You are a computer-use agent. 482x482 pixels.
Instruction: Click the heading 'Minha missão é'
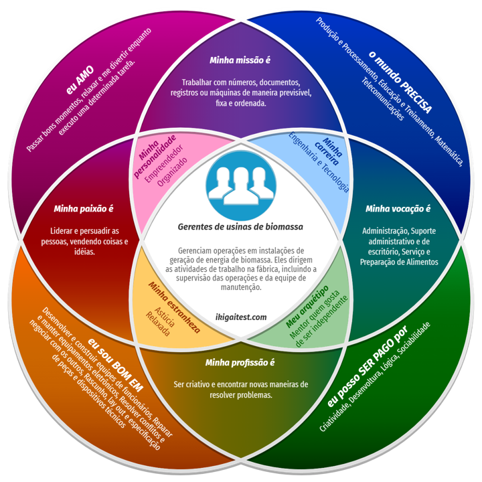pyautogui.click(x=240, y=60)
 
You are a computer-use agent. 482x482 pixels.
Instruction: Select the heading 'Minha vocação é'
pyautogui.click(x=398, y=208)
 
